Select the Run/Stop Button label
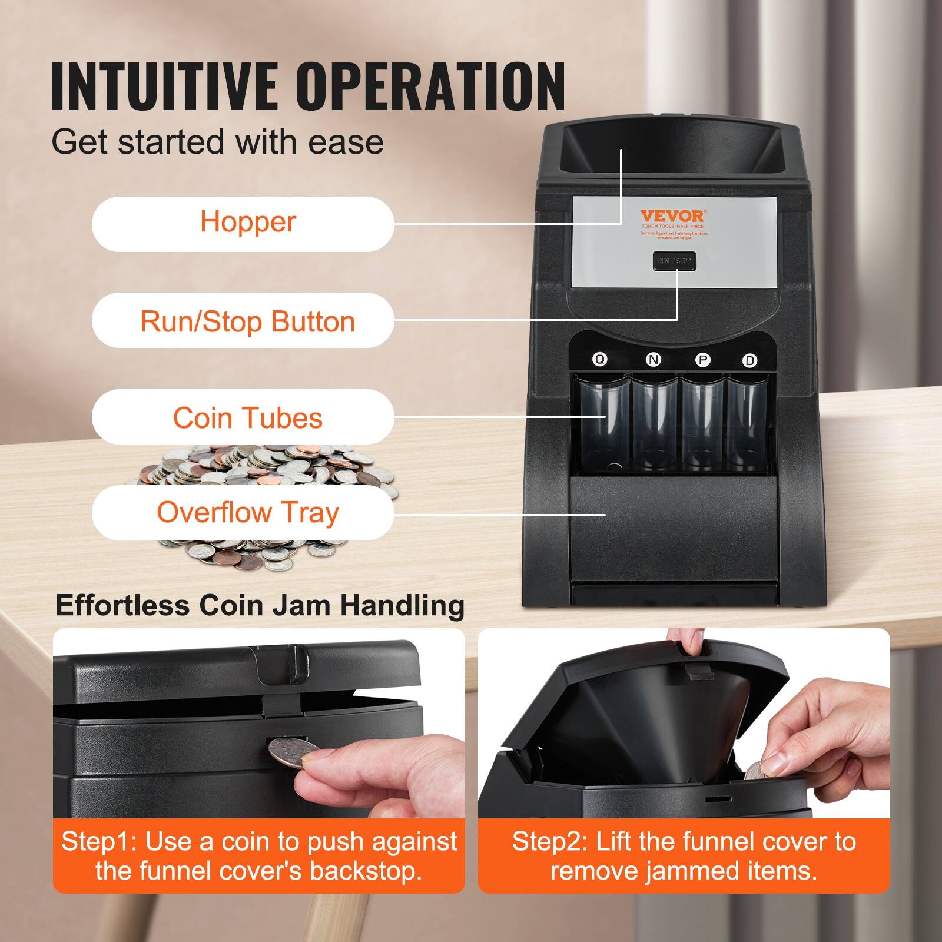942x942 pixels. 243,321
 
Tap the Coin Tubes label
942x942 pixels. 243,417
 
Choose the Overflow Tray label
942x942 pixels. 243,512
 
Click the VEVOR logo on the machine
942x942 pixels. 672,215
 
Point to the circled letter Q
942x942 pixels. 599,359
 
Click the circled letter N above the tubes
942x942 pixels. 653,360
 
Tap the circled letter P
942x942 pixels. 702,360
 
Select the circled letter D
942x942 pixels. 749,360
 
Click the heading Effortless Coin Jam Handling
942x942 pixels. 260,606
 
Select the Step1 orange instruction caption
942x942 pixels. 259,856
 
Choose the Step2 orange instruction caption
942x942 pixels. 684,856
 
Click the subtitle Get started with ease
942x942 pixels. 217,142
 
